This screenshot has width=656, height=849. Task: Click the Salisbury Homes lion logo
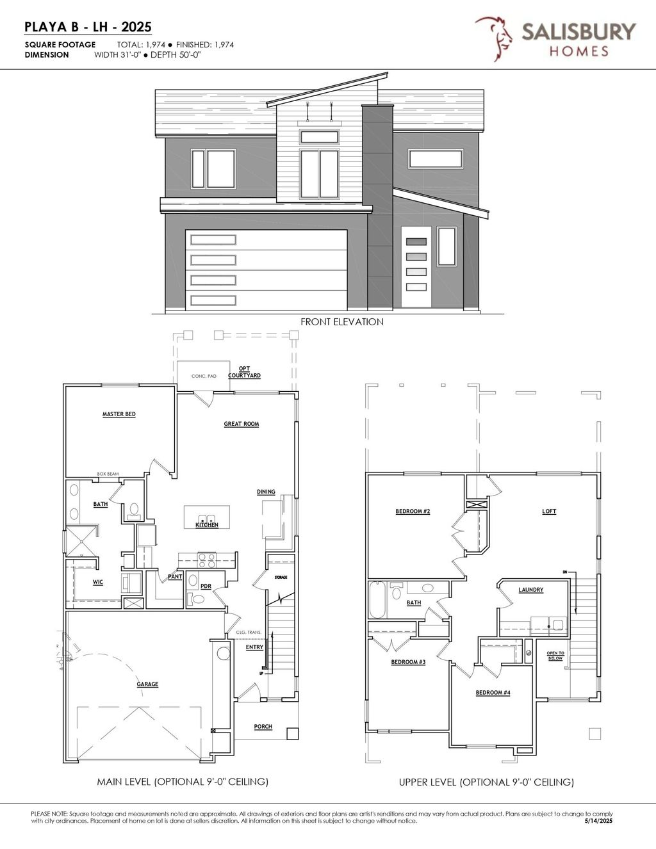(x=493, y=38)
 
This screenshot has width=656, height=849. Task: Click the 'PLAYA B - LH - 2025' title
(x=88, y=26)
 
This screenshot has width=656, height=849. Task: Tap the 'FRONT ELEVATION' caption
(x=342, y=321)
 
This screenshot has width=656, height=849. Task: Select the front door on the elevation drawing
(x=416, y=268)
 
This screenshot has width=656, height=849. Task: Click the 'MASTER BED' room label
(x=119, y=414)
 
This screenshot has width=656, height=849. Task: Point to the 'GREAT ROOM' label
(x=242, y=424)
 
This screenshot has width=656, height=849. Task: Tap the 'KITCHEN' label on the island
(x=207, y=525)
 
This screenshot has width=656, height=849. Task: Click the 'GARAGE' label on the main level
(x=147, y=684)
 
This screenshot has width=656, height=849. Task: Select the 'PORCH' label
(x=263, y=727)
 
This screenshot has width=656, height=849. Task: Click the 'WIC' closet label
(x=97, y=582)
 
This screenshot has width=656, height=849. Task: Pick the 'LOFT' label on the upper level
(x=549, y=512)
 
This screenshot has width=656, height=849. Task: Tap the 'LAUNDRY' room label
(x=531, y=590)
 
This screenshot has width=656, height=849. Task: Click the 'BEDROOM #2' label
(x=413, y=511)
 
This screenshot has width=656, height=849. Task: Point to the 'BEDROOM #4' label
(x=493, y=693)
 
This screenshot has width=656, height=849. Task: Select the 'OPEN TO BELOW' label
(x=555, y=656)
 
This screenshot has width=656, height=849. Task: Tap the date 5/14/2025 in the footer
(x=599, y=821)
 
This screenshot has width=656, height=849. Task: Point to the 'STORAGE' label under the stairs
(x=281, y=578)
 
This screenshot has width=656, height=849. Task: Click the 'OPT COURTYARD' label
(x=245, y=372)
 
